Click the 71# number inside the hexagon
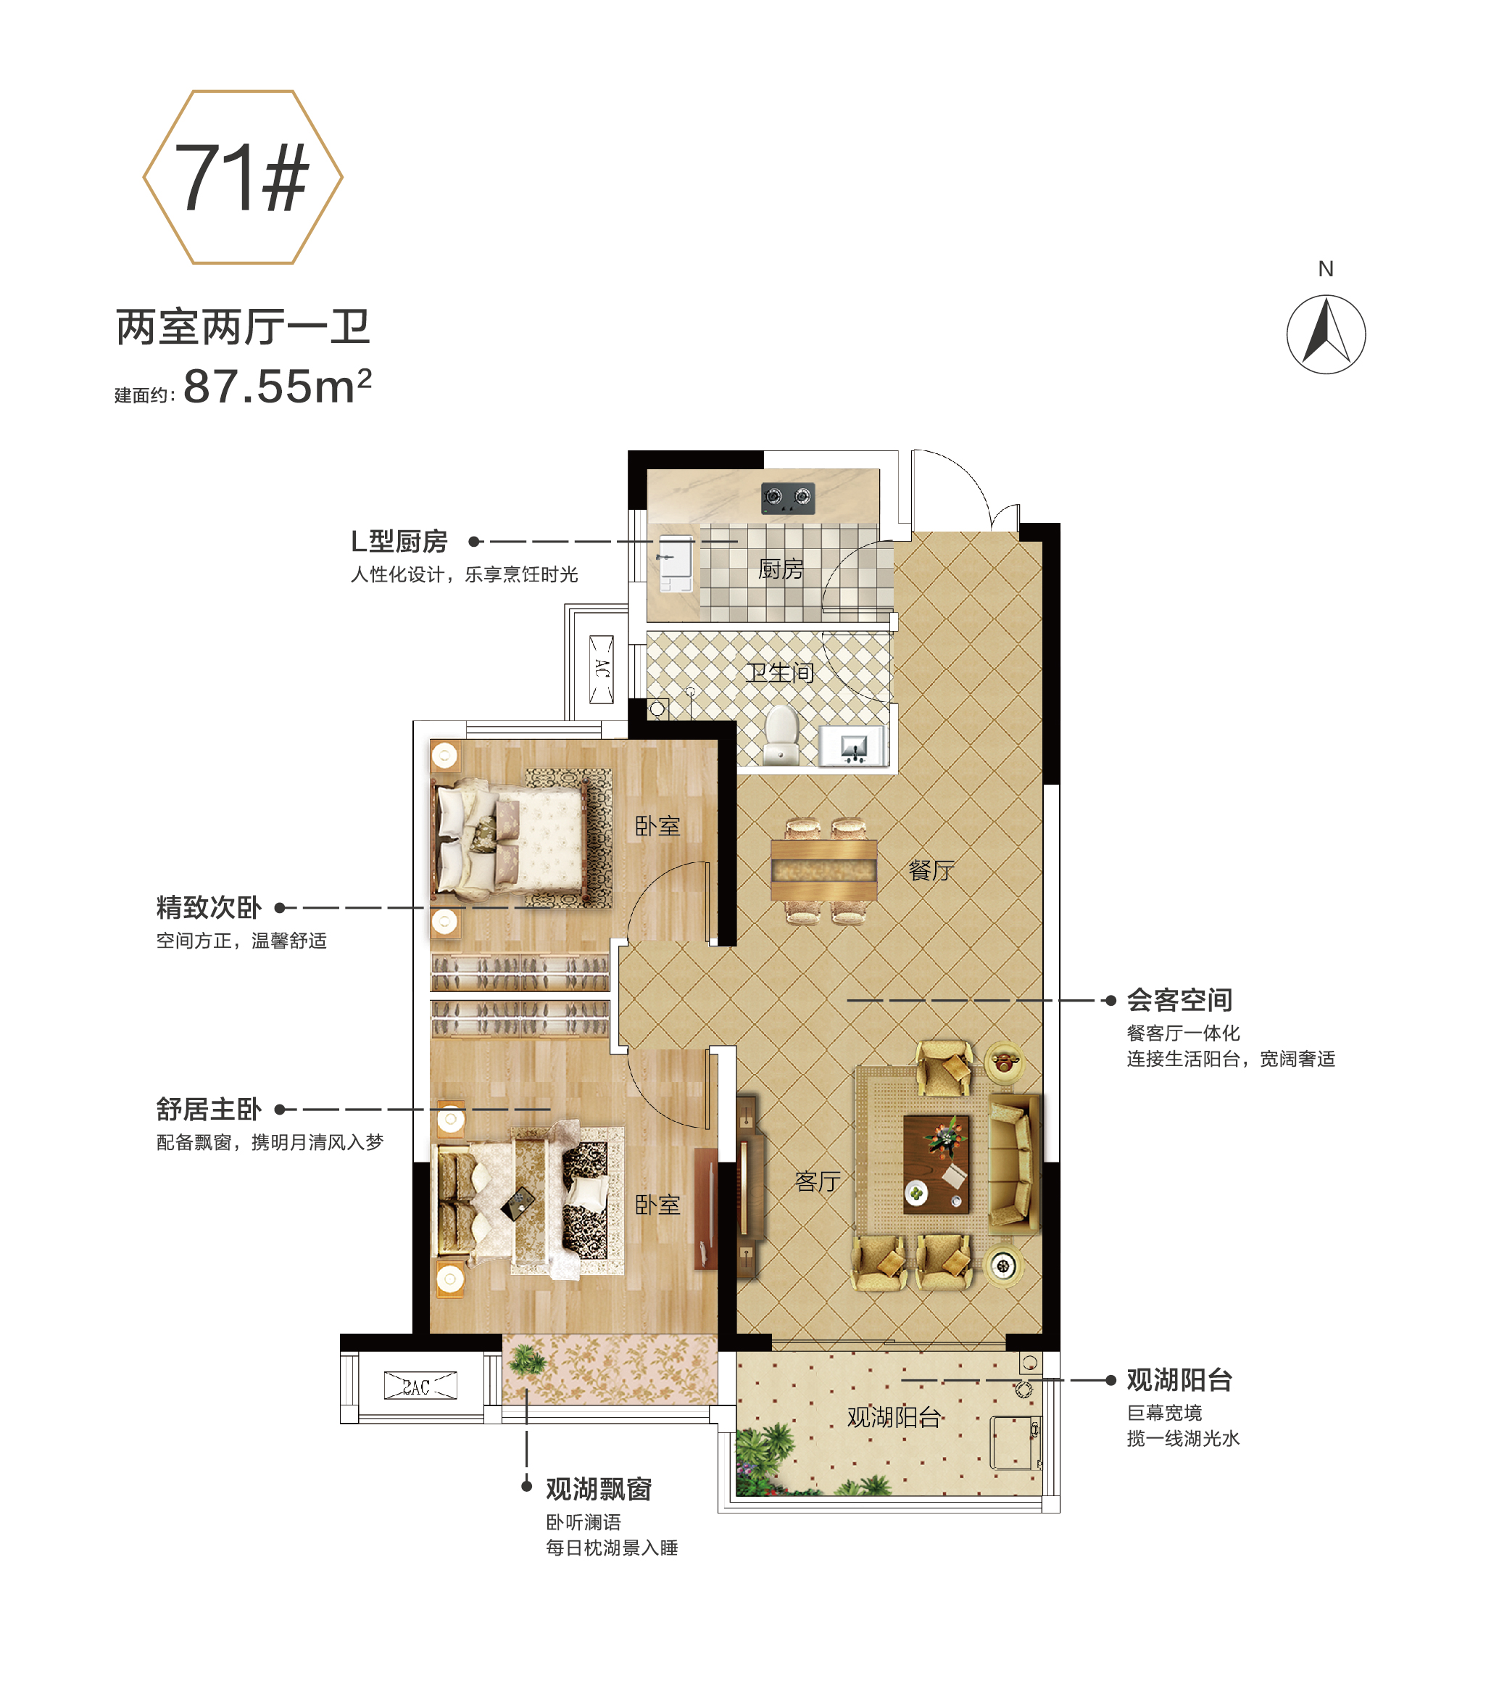pos(242,177)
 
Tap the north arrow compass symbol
pos(1326,334)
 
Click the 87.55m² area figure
pos(278,385)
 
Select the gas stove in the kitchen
pos(788,497)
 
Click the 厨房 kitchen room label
pos(781,569)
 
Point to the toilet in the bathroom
pos(781,734)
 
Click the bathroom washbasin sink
pos(853,747)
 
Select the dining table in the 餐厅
pos(823,870)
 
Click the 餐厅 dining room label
pos(931,870)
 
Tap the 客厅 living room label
pos(818,1181)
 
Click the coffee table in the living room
pos(936,1164)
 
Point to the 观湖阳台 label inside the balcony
pos(894,1418)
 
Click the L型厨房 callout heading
pos(399,541)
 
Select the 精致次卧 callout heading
pos(209,907)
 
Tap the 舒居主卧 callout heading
pos(209,1109)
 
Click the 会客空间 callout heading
pos(1179,1000)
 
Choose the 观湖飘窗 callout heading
pos(599,1489)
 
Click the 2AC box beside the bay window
pos(420,1386)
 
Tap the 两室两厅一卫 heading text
pos(243,327)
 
